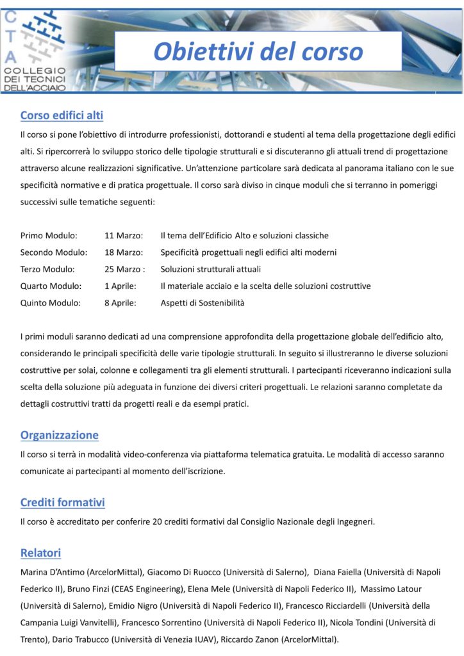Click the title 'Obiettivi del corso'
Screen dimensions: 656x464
point(258,51)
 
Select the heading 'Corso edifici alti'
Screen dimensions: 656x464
point(62,115)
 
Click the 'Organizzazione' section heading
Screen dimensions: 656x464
point(60,435)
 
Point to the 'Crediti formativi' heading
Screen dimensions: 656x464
point(63,502)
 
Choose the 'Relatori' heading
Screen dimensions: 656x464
point(40,552)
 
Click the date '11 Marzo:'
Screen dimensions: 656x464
point(123,236)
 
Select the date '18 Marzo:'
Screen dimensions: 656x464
point(123,252)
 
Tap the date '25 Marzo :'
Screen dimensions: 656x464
point(124,269)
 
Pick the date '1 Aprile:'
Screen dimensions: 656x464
point(120,286)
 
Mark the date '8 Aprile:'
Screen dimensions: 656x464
point(120,302)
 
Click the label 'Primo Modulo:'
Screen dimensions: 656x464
point(49,236)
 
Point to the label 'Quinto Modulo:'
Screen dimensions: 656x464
point(51,302)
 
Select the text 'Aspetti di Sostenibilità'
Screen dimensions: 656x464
point(203,302)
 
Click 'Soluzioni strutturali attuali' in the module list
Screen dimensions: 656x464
point(211,269)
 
